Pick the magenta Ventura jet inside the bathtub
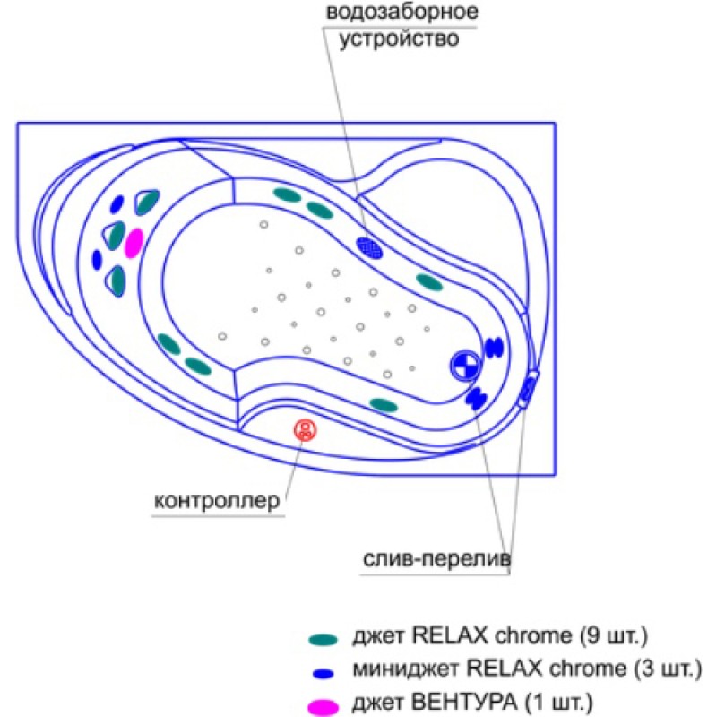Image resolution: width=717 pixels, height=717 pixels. point(134,243)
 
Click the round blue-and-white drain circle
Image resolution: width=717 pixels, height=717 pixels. point(464,364)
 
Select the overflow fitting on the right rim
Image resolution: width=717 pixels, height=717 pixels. point(530,387)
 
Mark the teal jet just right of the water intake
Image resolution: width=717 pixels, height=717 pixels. point(428,282)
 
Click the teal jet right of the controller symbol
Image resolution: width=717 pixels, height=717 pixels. point(383,404)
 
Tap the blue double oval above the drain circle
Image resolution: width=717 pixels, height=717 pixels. point(494,346)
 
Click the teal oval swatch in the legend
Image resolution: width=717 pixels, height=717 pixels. point(323,639)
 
